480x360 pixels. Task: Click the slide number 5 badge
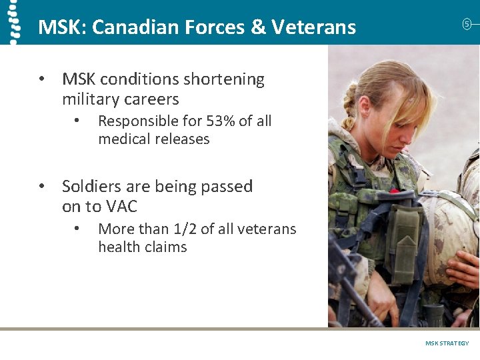pyautogui.click(x=467, y=24)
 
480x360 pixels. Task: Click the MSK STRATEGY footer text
pyautogui.click(x=447, y=343)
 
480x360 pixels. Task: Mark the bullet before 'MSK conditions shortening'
pyautogui.click(x=41, y=79)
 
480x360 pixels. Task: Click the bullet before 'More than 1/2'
pyautogui.click(x=77, y=229)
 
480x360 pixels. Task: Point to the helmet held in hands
pyautogui.click(x=450, y=227)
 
